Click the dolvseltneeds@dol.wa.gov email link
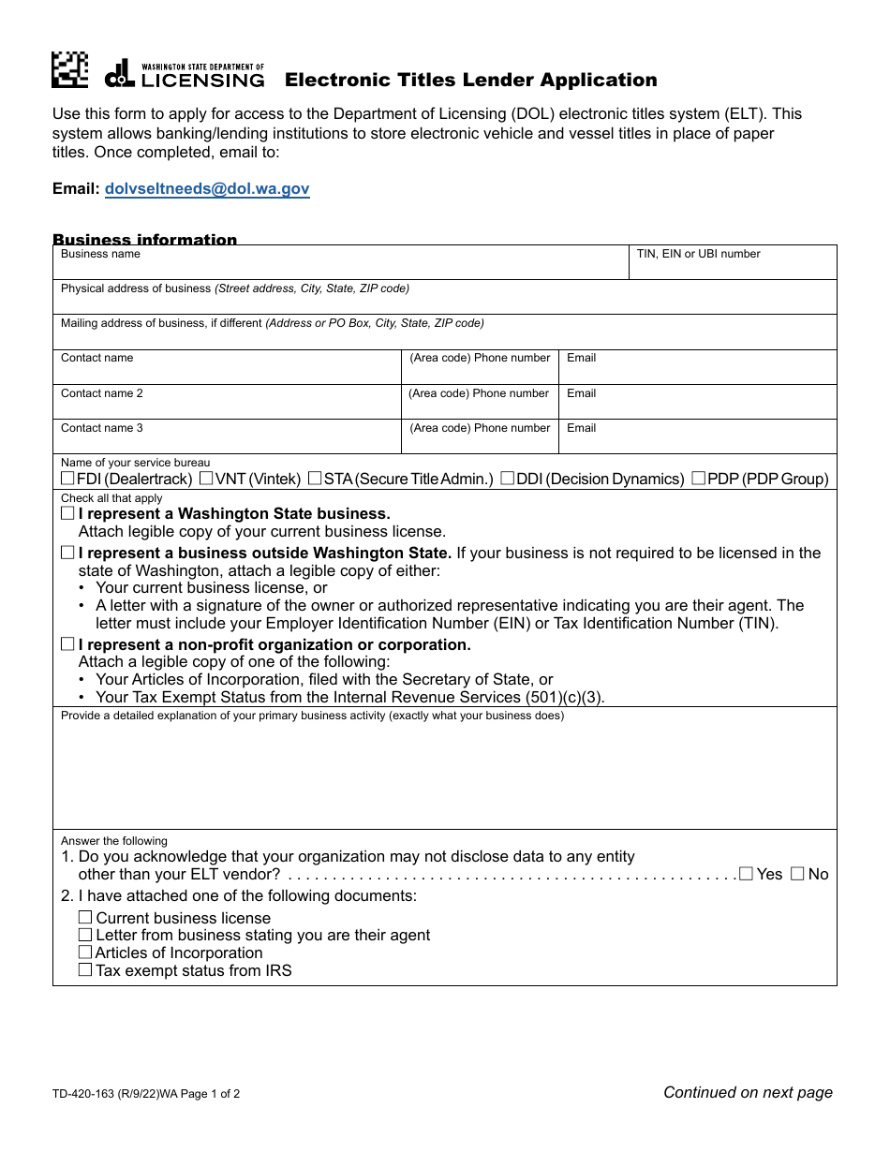[207, 188]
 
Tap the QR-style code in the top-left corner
[69, 70]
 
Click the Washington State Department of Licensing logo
[185, 74]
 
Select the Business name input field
[339, 267]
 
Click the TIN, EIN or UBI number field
[732, 267]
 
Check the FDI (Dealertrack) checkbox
[67, 479]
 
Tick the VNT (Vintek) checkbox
[206, 479]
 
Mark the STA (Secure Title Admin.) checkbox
[315, 479]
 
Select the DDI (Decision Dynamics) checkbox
[507, 479]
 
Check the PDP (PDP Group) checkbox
[698, 479]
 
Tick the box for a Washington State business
[67, 513]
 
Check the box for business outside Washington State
[67, 553]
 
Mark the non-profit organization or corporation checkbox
[67, 644]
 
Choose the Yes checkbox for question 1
[746, 874]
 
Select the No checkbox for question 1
[797, 874]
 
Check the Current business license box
[85, 918]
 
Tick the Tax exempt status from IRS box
[85, 970]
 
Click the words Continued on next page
[748, 1092]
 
